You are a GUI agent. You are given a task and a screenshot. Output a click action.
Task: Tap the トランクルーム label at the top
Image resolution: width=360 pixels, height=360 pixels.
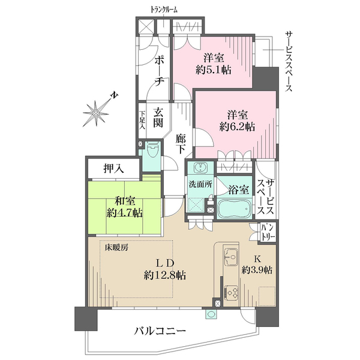point(164,10)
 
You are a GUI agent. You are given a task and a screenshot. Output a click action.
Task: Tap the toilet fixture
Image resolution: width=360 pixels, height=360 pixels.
point(152,148)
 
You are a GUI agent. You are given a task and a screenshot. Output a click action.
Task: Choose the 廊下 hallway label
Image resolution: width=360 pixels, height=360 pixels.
point(183,144)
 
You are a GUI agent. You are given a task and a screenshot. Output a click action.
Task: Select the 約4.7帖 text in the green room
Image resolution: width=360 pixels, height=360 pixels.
point(124,212)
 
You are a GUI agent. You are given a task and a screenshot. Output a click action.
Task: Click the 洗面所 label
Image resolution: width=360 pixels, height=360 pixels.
point(200,184)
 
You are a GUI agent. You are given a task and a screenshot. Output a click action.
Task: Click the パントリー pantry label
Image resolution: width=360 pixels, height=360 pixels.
point(268,233)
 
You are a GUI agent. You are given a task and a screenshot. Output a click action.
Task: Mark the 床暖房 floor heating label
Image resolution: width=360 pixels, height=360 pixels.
point(117,247)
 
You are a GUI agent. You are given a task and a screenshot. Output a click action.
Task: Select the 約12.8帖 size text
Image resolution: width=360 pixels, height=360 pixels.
point(164,275)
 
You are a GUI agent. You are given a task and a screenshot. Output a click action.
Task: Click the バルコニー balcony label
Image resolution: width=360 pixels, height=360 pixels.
point(160,331)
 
